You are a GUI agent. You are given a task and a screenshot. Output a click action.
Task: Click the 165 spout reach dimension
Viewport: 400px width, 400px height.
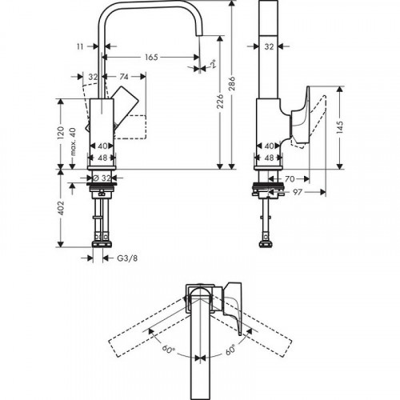pyautogui.click(x=152, y=57)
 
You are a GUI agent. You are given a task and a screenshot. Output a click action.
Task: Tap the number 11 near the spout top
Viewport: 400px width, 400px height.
pyautogui.click(x=90, y=47)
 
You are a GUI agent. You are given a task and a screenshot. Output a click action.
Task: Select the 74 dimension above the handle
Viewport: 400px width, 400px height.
pyautogui.click(x=123, y=77)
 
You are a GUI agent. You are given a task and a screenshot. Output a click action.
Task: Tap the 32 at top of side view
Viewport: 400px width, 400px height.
pyautogui.click(x=272, y=47)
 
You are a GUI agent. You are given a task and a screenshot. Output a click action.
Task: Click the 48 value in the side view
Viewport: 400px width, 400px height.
pyautogui.click(x=270, y=158)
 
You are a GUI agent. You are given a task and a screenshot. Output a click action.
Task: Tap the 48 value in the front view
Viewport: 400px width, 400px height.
pyautogui.click(x=102, y=158)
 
